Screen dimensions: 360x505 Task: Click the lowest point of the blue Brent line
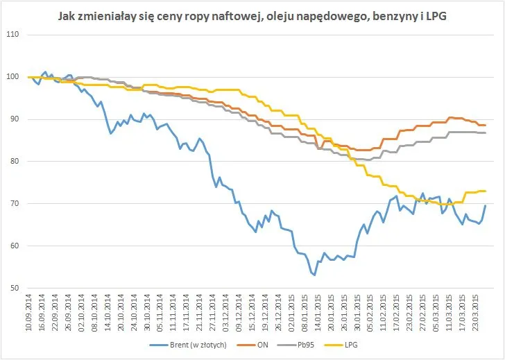click(x=314, y=275)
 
